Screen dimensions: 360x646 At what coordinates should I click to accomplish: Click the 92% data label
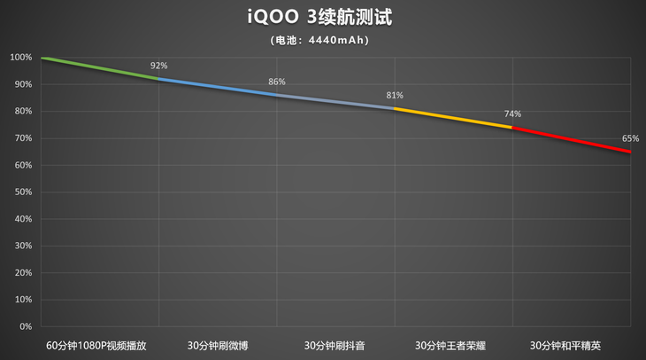click(158, 66)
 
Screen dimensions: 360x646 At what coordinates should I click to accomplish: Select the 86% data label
click(277, 82)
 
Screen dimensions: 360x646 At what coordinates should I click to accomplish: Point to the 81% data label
click(395, 95)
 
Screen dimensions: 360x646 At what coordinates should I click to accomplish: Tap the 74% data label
click(512, 113)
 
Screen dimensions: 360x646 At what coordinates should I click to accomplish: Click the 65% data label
click(630, 138)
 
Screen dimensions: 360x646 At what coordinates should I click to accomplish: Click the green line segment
click(99, 67)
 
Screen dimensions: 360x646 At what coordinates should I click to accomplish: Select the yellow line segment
click(453, 118)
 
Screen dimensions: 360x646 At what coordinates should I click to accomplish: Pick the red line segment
click(572, 139)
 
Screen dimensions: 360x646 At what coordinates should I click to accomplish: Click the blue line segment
click(218, 86)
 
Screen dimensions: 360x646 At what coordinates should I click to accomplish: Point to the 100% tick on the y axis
click(21, 58)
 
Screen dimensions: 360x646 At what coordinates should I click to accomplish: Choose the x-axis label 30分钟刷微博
click(218, 345)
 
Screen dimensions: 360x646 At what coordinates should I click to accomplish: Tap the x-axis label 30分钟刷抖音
click(335, 345)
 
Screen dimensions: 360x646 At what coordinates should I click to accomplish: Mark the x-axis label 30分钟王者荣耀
click(453, 345)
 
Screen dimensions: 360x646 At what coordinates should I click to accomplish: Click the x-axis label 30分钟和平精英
click(571, 345)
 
